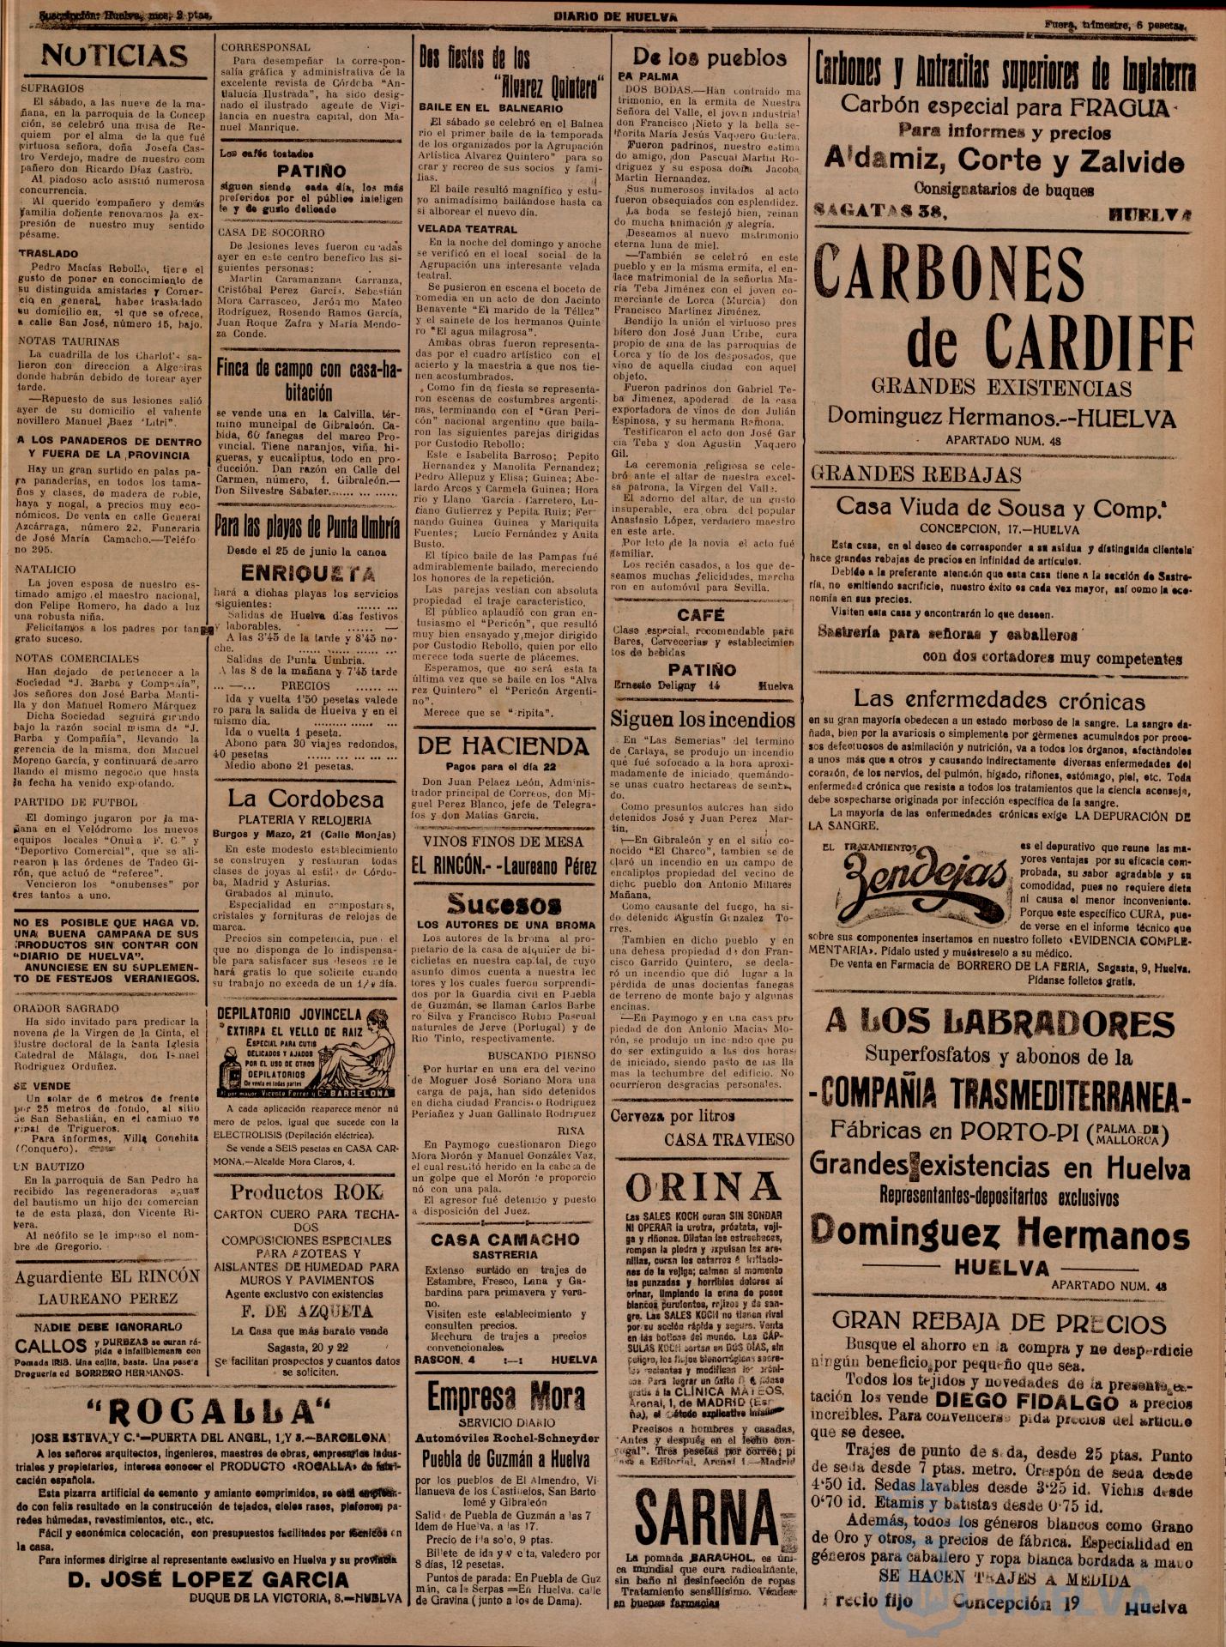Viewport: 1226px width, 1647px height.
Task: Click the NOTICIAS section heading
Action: point(114,57)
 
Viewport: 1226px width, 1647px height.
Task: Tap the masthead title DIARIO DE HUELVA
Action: point(613,16)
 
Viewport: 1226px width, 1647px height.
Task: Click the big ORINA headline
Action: point(703,1188)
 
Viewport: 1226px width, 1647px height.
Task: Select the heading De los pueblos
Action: point(709,57)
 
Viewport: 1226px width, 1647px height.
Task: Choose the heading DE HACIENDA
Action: point(503,745)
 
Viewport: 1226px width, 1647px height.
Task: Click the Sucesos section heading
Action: point(504,903)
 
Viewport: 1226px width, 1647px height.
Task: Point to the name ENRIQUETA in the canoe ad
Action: point(308,574)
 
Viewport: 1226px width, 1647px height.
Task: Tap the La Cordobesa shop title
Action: point(305,799)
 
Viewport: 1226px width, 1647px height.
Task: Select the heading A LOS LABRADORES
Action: point(1000,1023)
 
